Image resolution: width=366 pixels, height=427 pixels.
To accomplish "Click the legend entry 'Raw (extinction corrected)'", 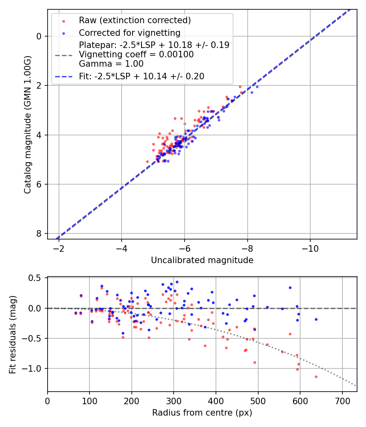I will tap(135, 20).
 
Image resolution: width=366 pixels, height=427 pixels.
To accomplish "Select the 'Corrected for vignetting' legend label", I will tap(130, 33).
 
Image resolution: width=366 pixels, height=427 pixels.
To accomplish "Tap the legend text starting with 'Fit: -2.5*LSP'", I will tap(142, 76).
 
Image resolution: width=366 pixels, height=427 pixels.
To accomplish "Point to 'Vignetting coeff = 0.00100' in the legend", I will tap(136, 54).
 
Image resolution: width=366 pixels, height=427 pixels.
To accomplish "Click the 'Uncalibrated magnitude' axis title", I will tap(202, 260).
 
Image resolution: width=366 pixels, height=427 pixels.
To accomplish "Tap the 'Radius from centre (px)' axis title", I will tap(202, 413).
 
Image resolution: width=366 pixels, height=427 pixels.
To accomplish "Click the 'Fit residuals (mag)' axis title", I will tap(13, 334).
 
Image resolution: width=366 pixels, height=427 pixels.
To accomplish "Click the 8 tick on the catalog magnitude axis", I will tap(39, 233).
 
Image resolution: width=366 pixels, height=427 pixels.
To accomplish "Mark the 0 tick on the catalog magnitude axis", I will tap(39, 36).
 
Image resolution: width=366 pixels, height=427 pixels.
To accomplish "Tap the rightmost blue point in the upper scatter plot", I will tap(257, 87).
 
